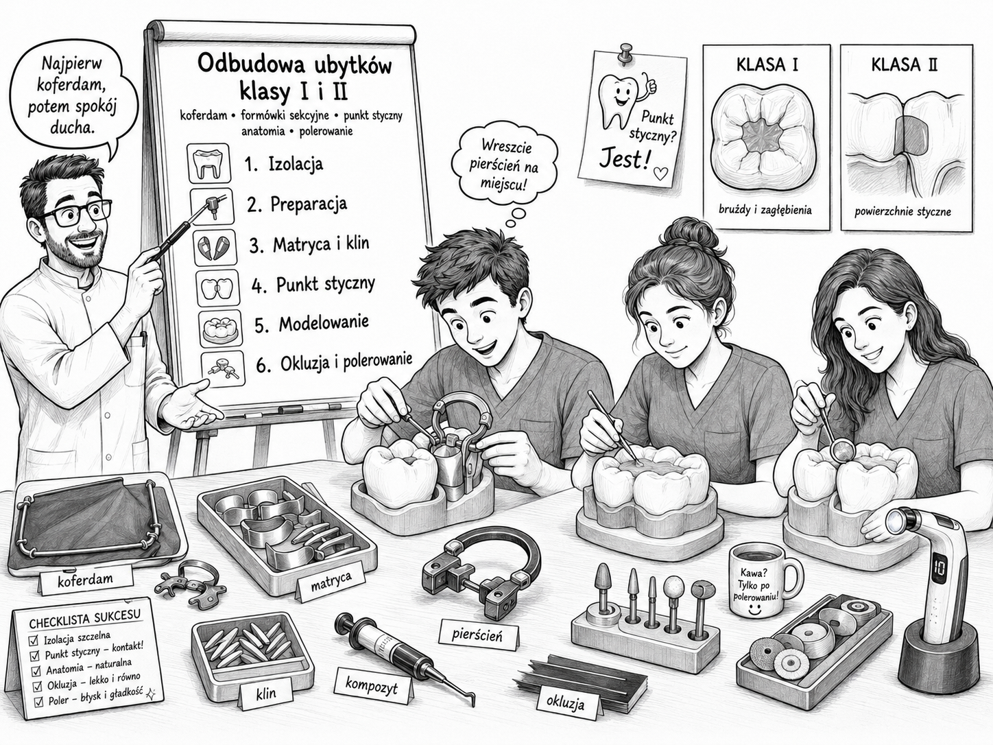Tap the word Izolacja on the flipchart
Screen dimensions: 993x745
pyautogui.click(x=296, y=163)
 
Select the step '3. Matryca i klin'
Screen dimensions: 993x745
pyautogui.click(x=309, y=245)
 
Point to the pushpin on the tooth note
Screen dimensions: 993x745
pyautogui.click(x=626, y=54)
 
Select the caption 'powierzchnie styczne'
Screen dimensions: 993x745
pyautogui.click(x=903, y=211)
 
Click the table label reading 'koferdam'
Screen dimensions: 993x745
pyautogui.click(x=86, y=580)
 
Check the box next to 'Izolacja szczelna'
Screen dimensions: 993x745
pyautogui.click(x=32, y=641)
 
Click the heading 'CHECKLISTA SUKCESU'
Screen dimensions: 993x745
pyautogui.click(x=84, y=619)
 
